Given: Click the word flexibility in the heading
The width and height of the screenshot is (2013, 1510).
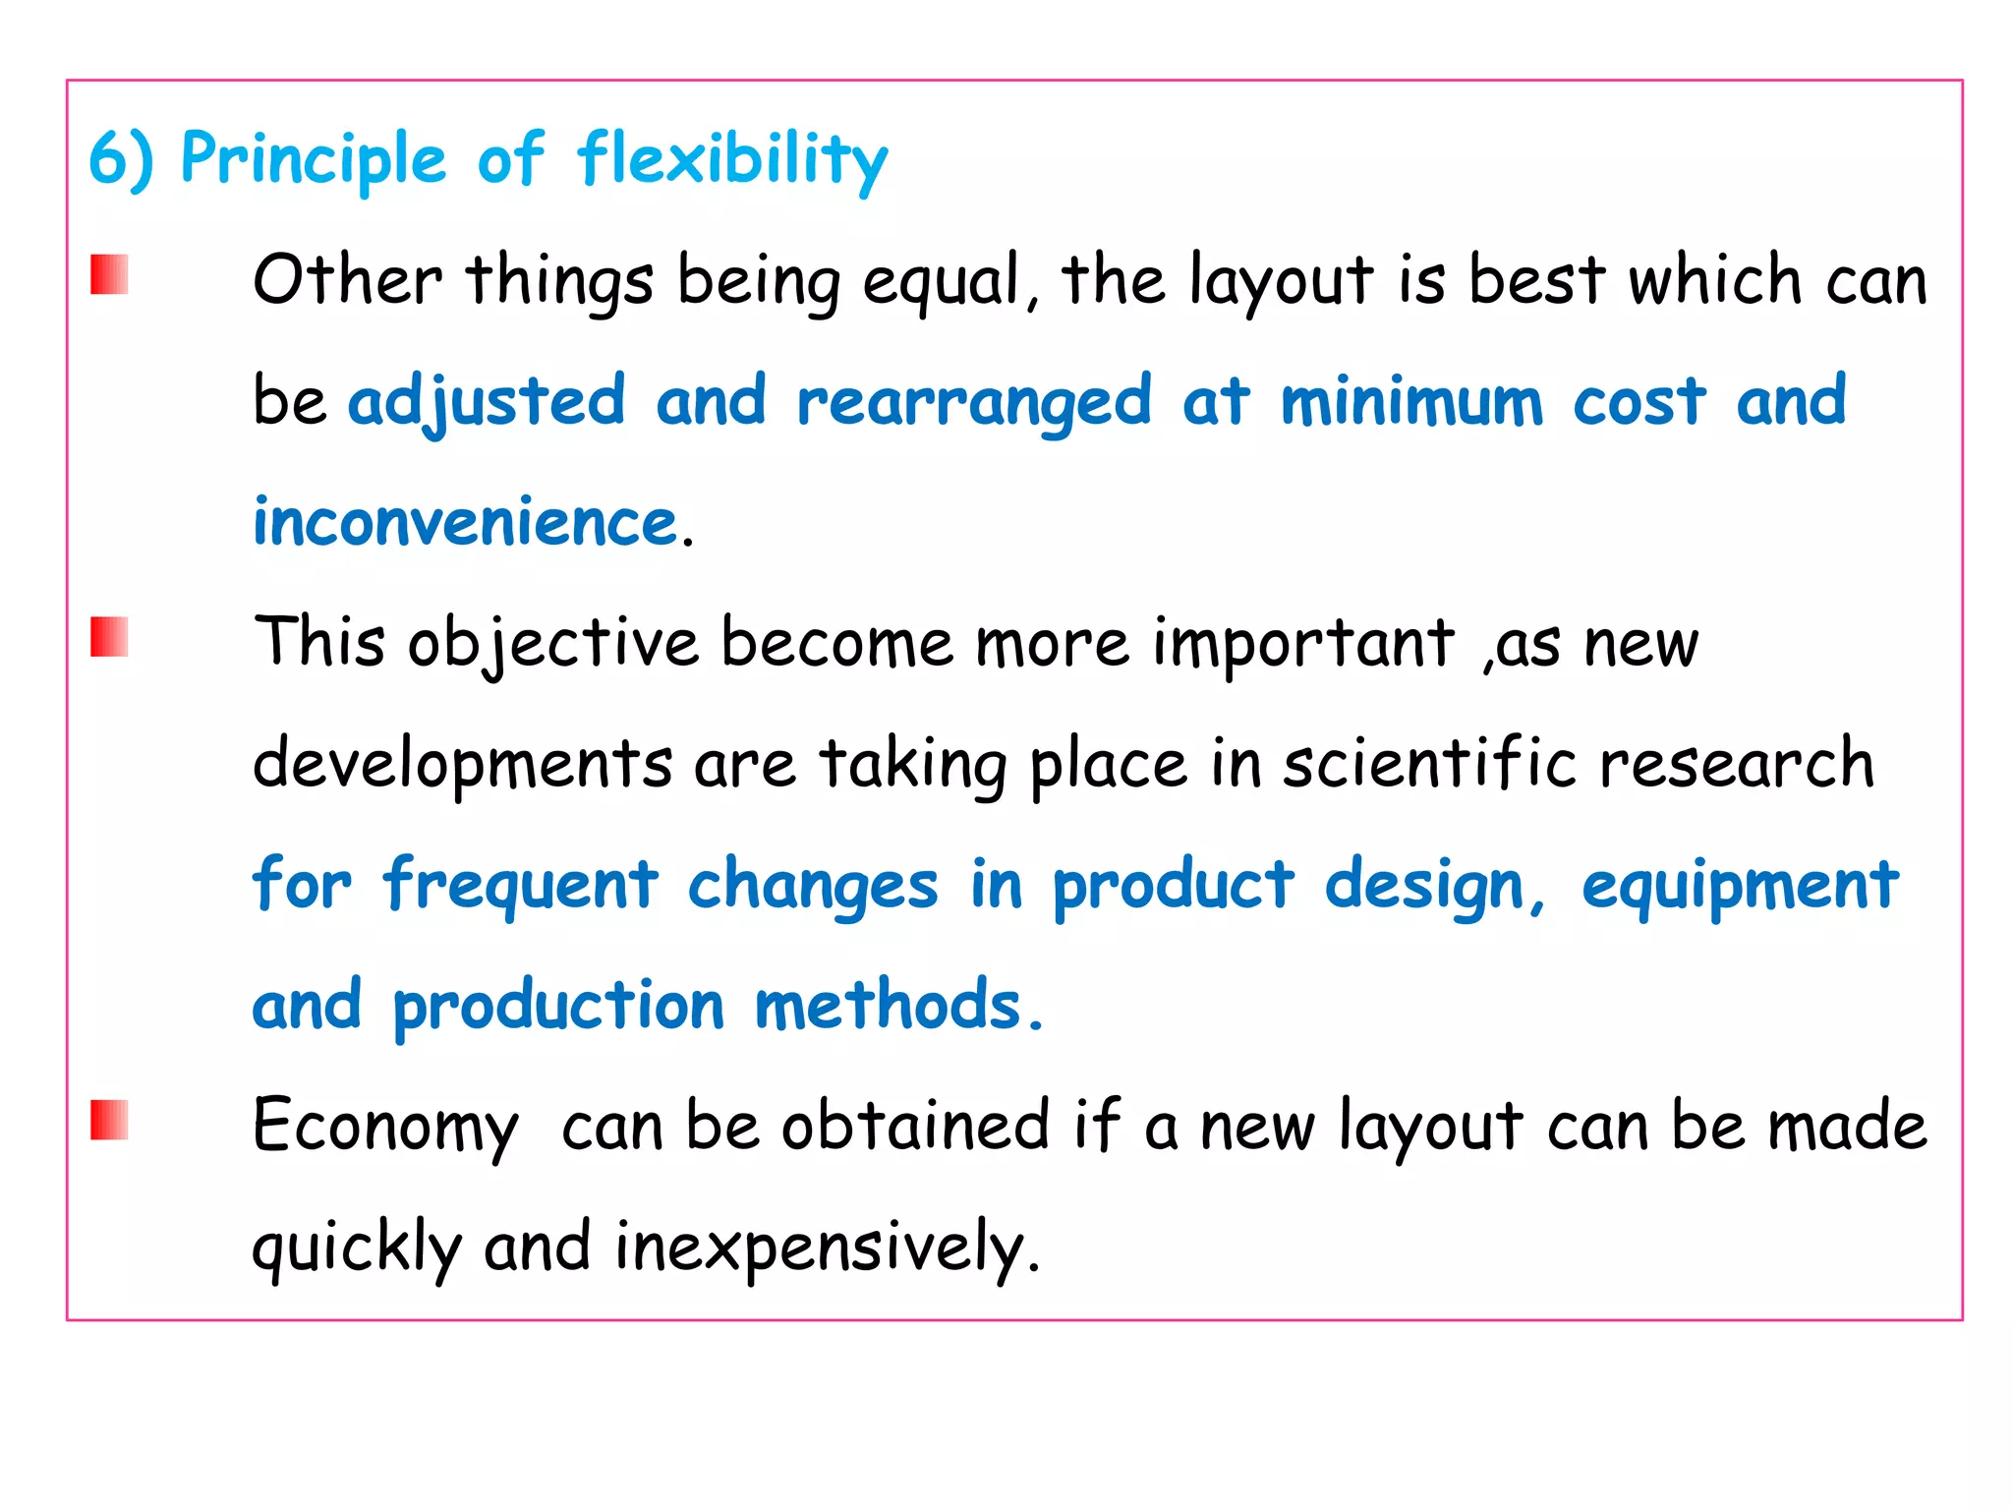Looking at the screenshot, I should (732, 160).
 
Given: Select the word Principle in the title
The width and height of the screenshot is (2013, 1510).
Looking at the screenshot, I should (314, 160).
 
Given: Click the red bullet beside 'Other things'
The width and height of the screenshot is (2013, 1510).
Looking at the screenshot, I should (109, 274).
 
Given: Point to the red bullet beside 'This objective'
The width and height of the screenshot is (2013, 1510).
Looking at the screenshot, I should (109, 637).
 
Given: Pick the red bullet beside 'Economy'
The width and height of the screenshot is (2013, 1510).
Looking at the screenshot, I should (109, 1120).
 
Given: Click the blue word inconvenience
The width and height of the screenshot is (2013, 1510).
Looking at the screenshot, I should (466, 522).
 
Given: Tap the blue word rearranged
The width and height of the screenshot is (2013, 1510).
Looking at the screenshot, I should (973, 402).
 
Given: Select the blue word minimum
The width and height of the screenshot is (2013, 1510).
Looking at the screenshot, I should (1411, 402).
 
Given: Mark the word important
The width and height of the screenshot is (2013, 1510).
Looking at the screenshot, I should (1303, 644).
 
